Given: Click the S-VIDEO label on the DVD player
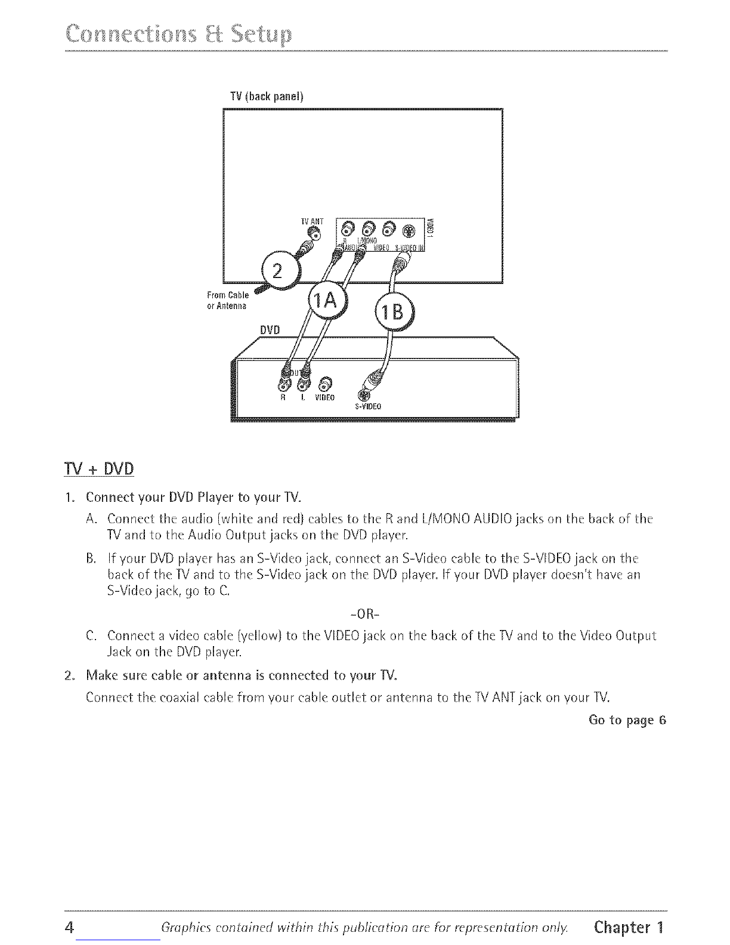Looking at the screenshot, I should (367, 407).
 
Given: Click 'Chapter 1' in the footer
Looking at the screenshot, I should (628, 928).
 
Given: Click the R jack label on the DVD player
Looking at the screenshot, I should (284, 397).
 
